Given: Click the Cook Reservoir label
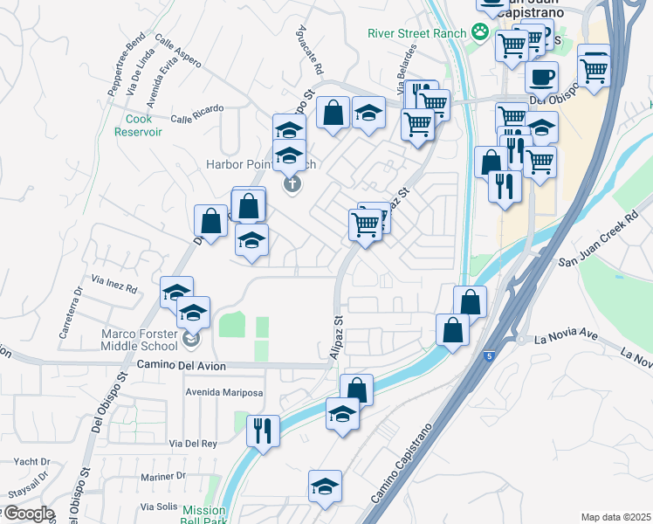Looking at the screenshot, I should click(x=138, y=125).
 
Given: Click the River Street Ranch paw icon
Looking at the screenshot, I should click(x=479, y=31).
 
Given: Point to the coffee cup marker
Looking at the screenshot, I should click(x=542, y=77).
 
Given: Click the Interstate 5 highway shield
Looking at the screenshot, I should click(x=489, y=355).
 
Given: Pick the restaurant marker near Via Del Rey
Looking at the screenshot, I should click(x=262, y=431).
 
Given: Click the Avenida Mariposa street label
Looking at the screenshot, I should click(x=223, y=393).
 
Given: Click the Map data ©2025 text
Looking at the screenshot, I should click(x=615, y=517).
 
